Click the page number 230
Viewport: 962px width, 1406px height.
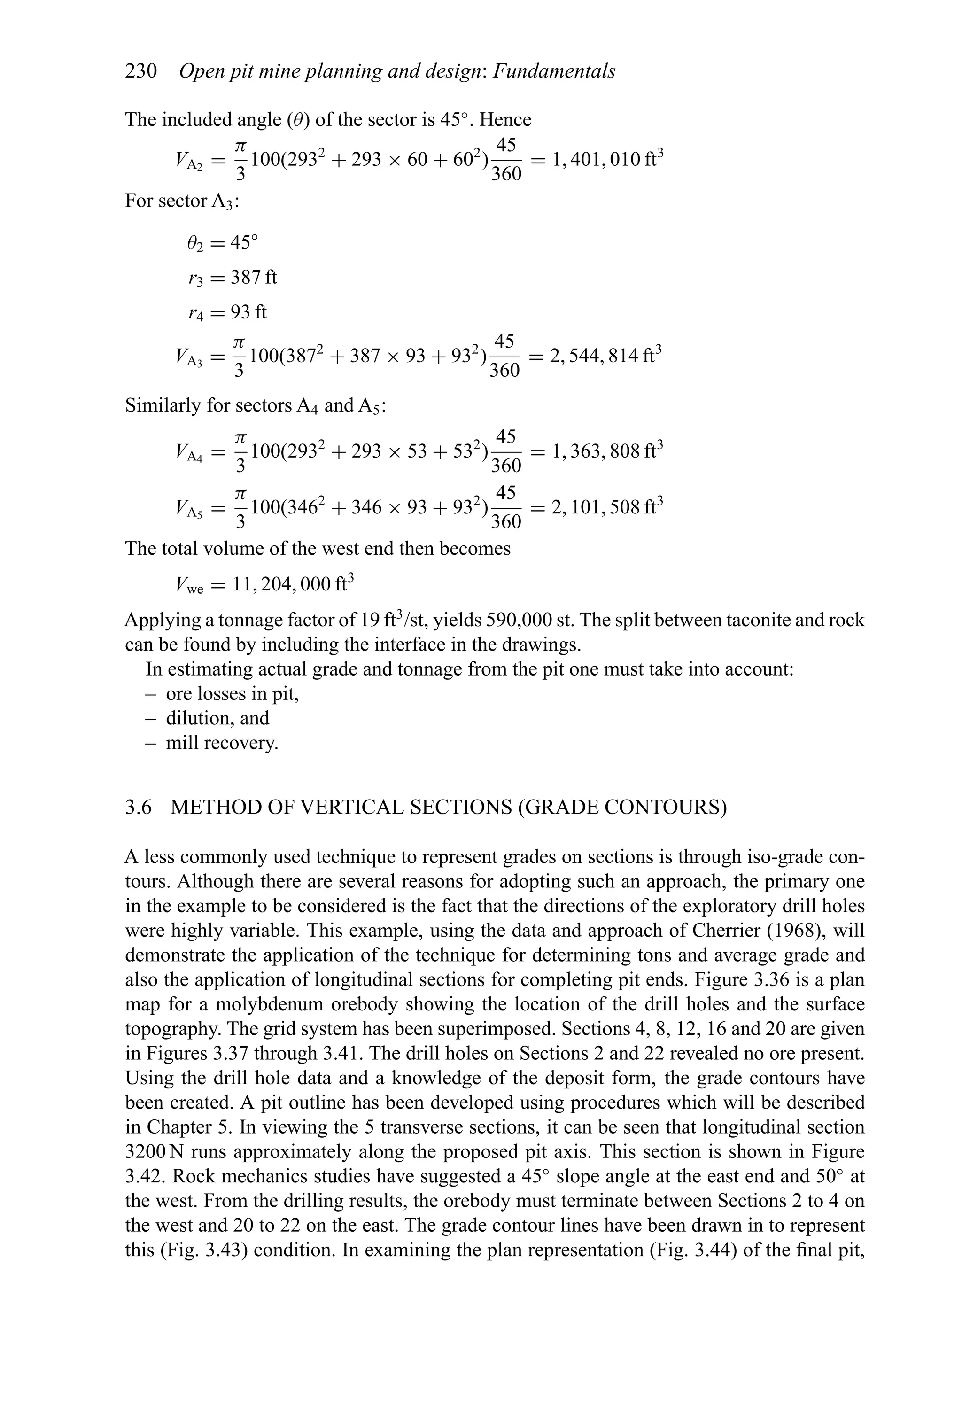[x=141, y=71]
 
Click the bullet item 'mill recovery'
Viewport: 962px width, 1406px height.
[x=222, y=743]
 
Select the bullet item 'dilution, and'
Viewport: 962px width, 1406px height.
[x=217, y=718]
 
